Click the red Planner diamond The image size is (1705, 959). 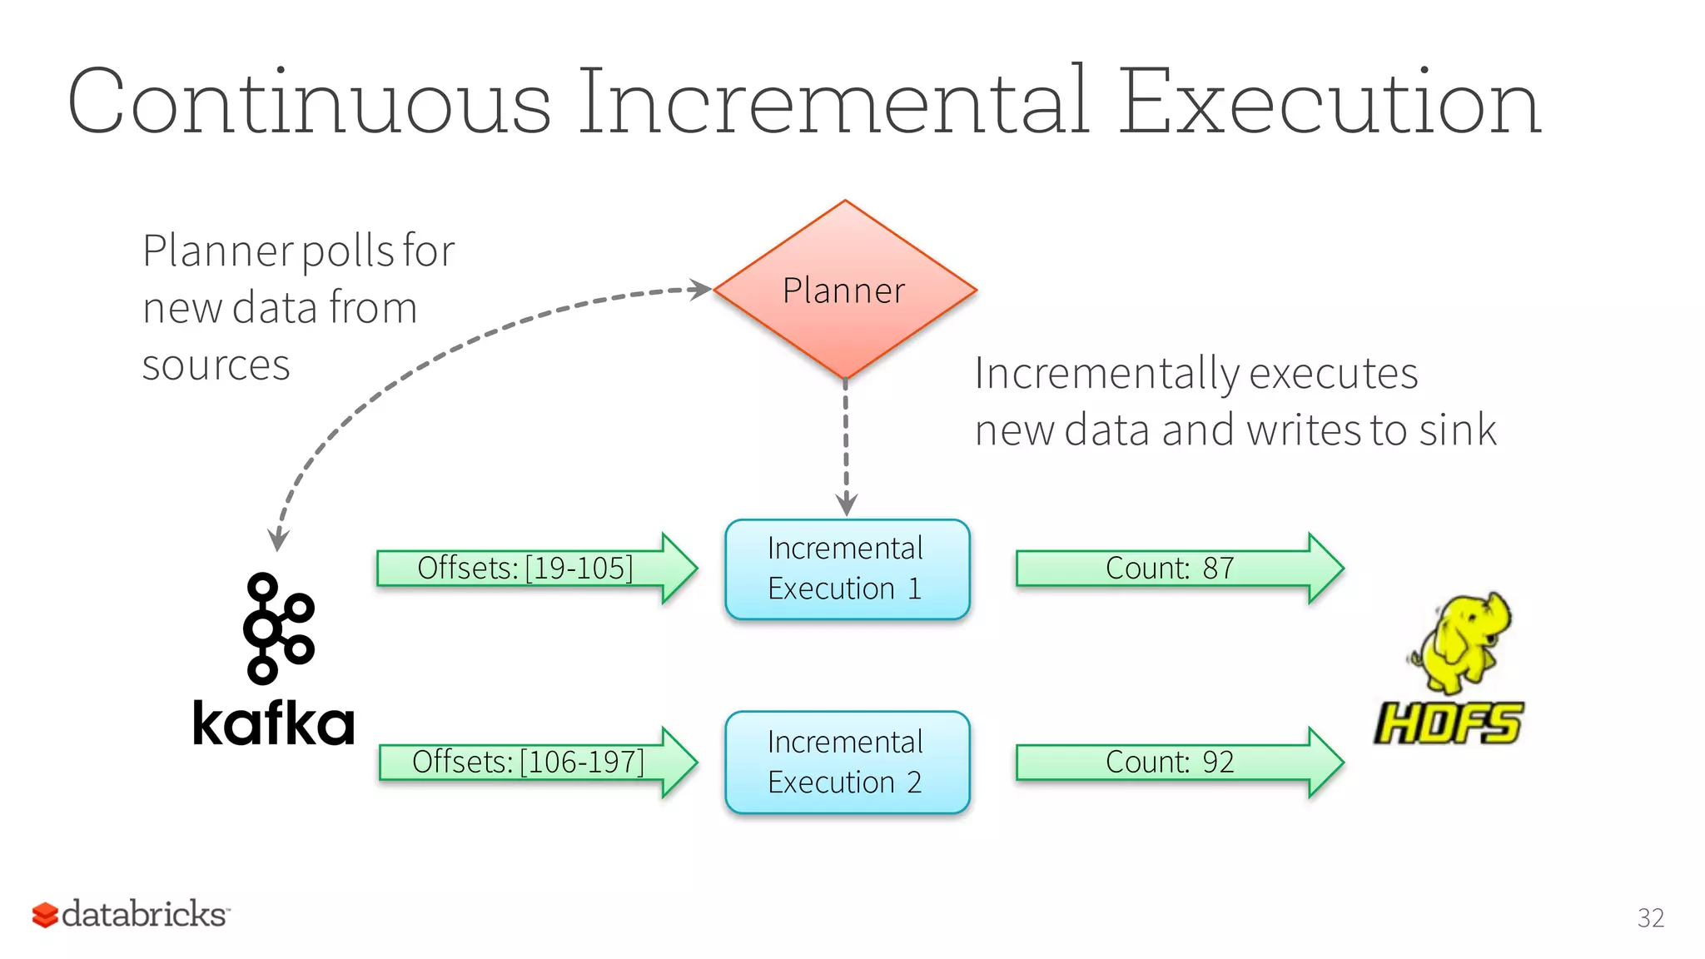(844, 290)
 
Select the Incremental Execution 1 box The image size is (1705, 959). (847, 569)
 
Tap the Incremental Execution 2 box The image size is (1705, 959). (847, 762)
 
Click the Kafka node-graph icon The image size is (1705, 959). (277, 629)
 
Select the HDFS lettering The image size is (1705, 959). (1449, 723)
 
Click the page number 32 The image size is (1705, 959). (1650, 917)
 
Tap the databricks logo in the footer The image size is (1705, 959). (132, 914)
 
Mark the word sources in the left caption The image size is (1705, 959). (216, 365)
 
